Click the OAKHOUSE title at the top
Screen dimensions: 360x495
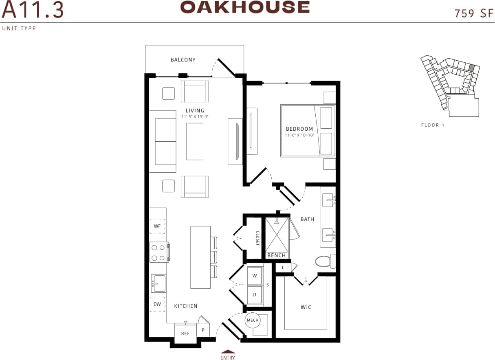point(245,7)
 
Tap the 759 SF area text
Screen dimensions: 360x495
point(474,13)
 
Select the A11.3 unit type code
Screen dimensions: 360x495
point(33,10)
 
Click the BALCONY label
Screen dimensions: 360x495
point(183,60)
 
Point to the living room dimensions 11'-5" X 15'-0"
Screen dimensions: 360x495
point(195,117)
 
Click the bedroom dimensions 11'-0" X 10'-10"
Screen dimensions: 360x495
point(299,135)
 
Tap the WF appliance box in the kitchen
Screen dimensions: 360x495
point(157,225)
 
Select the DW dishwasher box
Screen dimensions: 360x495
point(157,304)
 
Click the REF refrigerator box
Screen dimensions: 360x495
point(185,334)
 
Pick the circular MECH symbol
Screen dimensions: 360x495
point(253,320)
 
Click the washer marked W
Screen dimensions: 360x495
point(255,276)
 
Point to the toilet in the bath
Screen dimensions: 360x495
point(326,261)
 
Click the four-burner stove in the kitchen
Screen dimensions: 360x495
point(159,252)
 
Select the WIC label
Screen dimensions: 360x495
point(306,307)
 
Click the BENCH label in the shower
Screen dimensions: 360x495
point(276,256)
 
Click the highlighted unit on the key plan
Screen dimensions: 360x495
point(471,68)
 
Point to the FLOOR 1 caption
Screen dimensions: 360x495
point(433,125)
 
